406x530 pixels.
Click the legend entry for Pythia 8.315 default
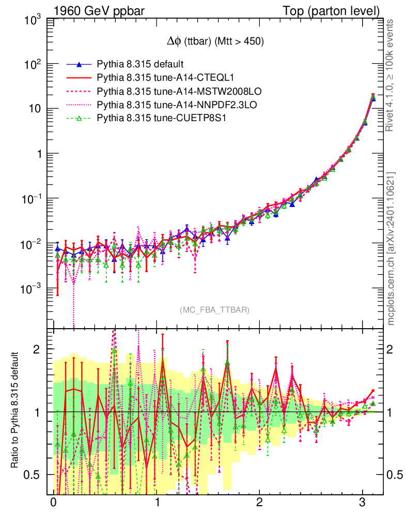point(140,64)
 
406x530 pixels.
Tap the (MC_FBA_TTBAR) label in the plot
point(215,310)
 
